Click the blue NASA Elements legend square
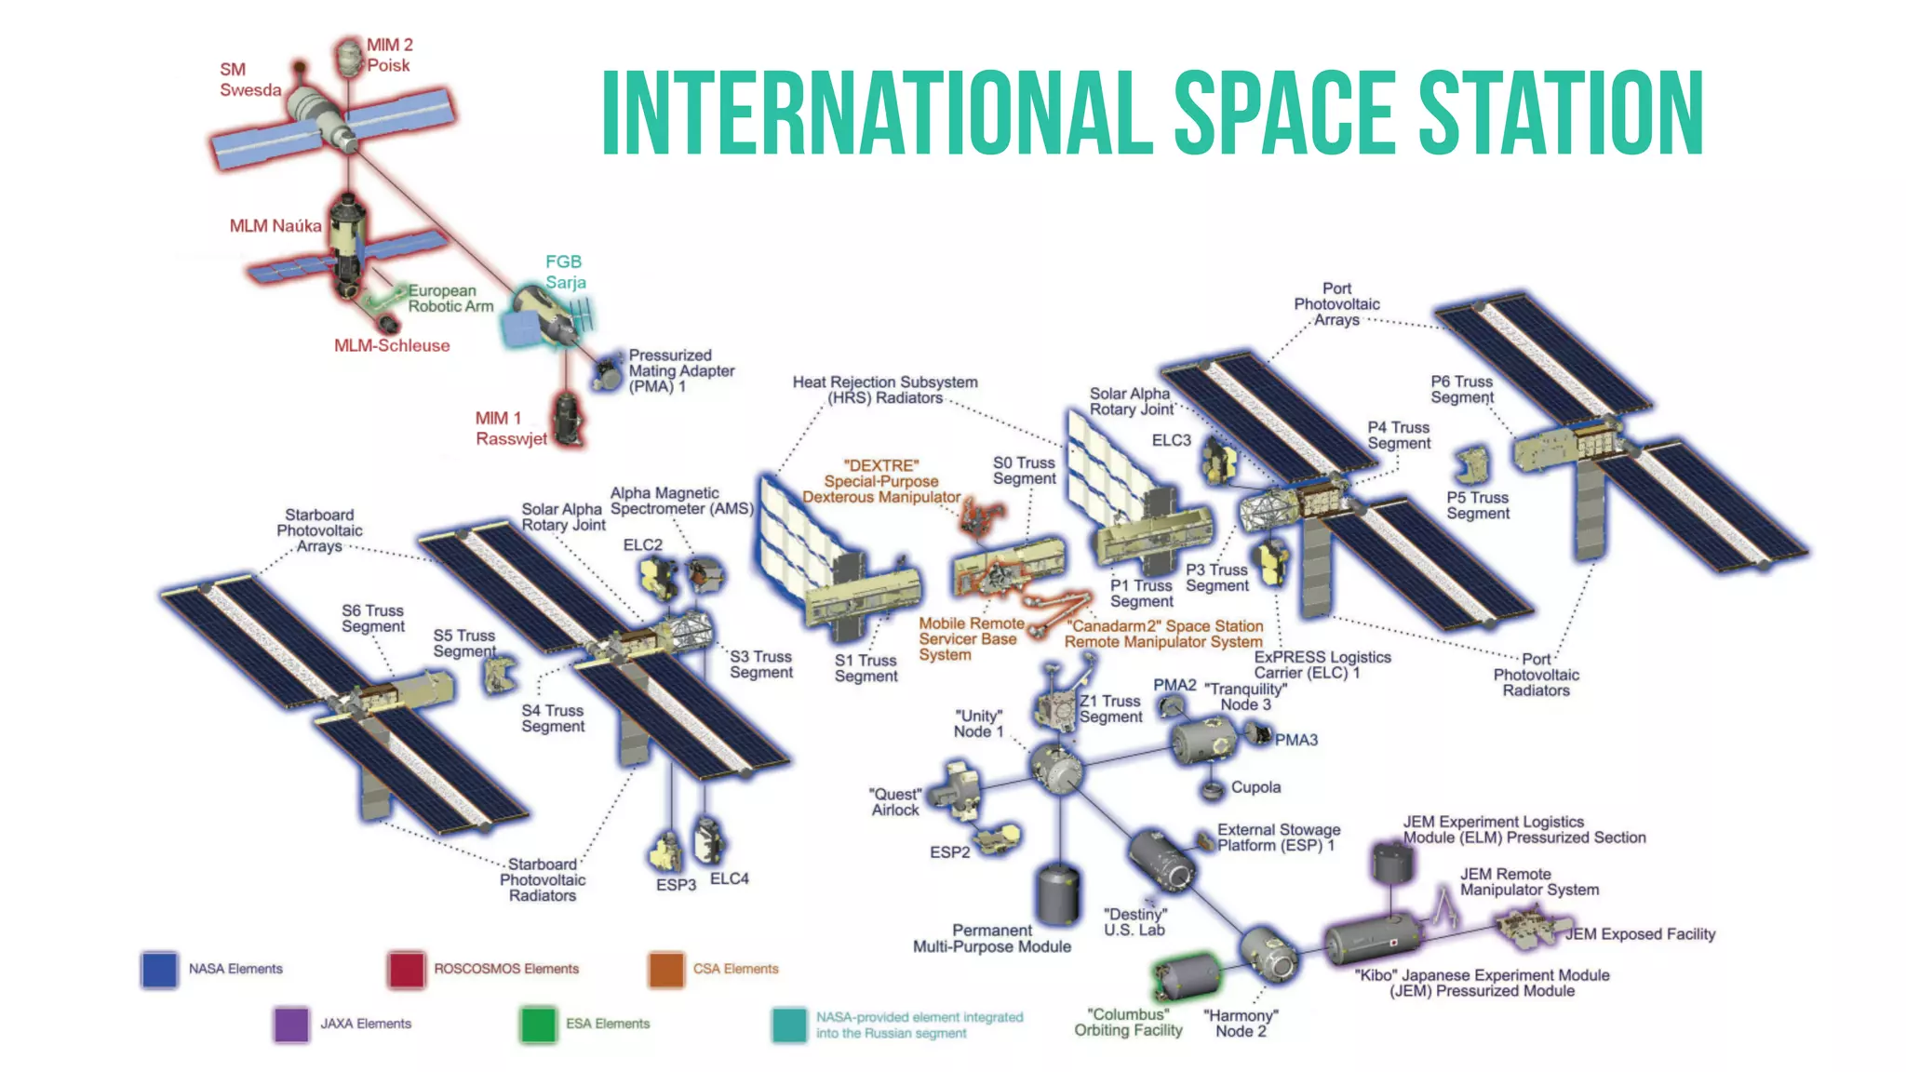pyautogui.click(x=159, y=969)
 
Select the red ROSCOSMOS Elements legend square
pyautogui.click(x=407, y=969)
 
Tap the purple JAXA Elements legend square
pyautogui.click(x=291, y=1024)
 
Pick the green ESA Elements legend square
pyautogui.click(x=538, y=1024)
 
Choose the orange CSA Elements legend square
pyautogui.click(x=666, y=969)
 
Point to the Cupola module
pyautogui.click(x=1212, y=790)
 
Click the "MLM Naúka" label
pyautogui.click(x=275, y=226)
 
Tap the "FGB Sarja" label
pyautogui.click(x=565, y=272)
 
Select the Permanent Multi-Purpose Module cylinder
pyautogui.click(x=1059, y=893)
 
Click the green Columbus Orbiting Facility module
pyautogui.click(x=1187, y=977)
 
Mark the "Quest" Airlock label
pyautogui.click(x=895, y=802)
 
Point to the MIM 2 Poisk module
pyautogui.click(x=349, y=58)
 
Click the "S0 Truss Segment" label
pyautogui.click(x=1024, y=471)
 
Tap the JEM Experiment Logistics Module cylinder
pyautogui.click(x=1392, y=863)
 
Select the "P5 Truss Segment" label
pyautogui.click(x=1477, y=505)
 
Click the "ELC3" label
pyautogui.click(x=1171, y=440)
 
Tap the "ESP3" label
pyautogui.click(x=676, y=884)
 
